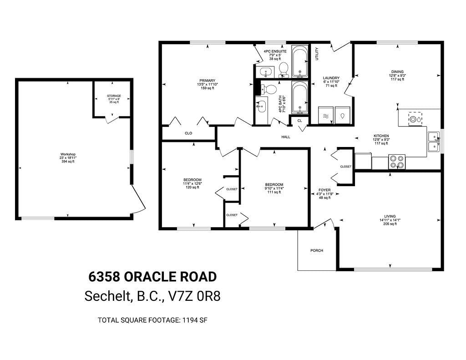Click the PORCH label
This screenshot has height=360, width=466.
[317, 250]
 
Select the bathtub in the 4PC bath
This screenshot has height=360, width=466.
[299, 97]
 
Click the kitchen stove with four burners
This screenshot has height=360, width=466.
[397, 162]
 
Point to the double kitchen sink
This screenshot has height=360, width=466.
[434, 142]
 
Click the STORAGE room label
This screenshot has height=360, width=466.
[114, 96]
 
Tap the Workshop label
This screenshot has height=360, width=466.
[68, 154]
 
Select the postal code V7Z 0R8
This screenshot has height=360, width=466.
[194, 296]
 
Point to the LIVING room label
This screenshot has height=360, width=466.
[390, 217]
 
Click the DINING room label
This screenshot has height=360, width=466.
[397, 71]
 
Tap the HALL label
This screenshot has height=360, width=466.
[286, 137]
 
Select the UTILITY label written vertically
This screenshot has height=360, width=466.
[317, 54]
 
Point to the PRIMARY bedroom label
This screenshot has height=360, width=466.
[207, 81]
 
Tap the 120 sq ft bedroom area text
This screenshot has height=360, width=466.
[192, 188]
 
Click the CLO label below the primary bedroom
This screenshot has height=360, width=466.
[188, 133]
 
